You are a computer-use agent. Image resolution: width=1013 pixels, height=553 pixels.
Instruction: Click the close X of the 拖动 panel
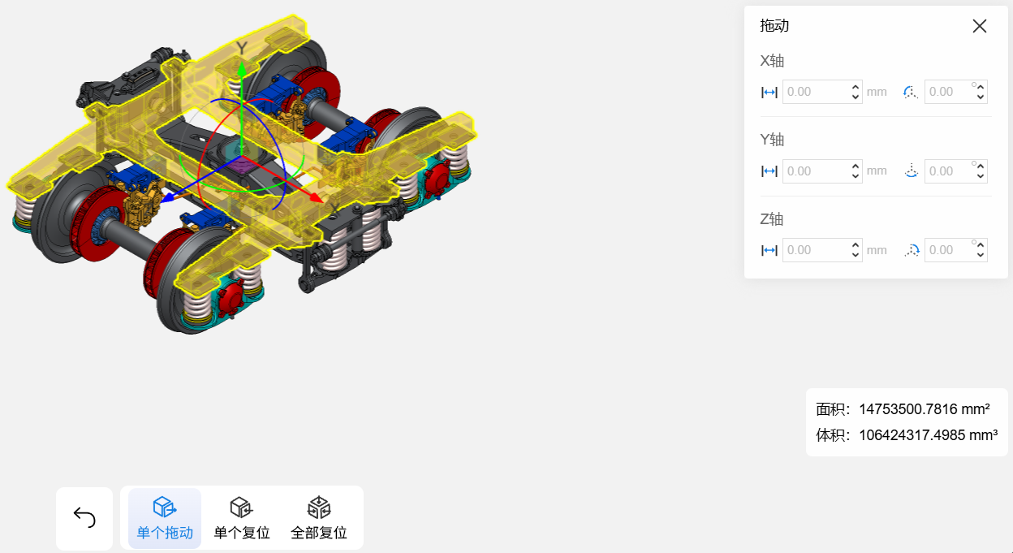980,26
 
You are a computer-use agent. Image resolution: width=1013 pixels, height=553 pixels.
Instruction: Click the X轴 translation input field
822,92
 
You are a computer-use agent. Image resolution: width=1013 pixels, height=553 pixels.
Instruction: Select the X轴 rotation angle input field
955,92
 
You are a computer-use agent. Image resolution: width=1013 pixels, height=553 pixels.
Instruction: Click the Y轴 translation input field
822,171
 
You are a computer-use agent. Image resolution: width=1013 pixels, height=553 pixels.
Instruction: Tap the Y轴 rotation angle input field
955,171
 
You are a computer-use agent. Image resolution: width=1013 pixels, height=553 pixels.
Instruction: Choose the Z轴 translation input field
822,250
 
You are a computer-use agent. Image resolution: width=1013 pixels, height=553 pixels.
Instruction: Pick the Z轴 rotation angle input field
955,250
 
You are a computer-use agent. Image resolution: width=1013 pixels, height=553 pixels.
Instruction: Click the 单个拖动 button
165,518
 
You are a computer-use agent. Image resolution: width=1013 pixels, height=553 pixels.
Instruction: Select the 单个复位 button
242,518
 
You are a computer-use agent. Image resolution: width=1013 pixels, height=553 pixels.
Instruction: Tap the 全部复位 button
319,518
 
